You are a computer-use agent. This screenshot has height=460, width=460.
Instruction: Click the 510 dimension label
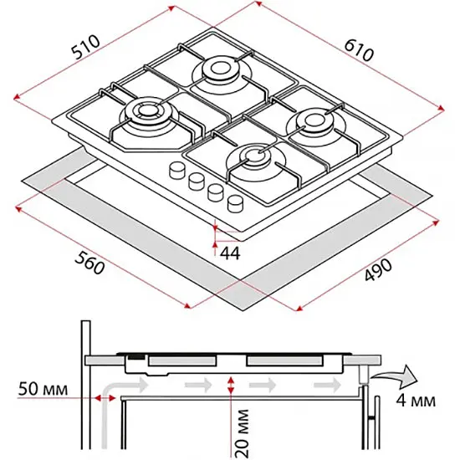click(86, 47)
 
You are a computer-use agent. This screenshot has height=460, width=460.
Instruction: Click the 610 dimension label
click(359, 50)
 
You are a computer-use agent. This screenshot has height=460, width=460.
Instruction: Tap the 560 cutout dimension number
click(89, 263)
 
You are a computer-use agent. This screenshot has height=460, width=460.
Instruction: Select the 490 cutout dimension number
click(378, 269)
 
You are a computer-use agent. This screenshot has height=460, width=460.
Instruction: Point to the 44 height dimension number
click(230, 253)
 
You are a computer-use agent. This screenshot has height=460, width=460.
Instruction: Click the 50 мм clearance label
click(43, 389)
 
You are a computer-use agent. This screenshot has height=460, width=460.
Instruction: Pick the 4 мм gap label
click(416, 400)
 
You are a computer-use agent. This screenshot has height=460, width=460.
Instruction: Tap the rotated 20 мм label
click(242, 434)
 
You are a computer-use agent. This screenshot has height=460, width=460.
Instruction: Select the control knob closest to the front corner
click(236, 203)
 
